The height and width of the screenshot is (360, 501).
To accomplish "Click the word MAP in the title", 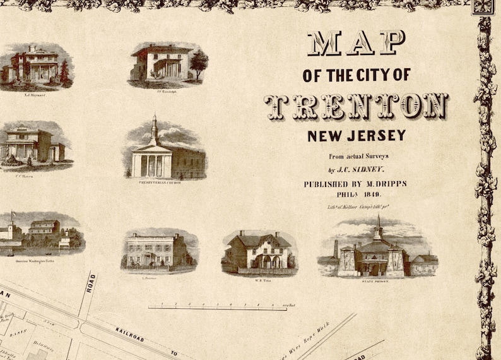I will click(x=356, y=43).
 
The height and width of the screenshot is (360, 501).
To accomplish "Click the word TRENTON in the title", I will click(x=356, y=106).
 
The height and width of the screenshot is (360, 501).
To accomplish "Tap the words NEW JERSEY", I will click(x=357, y=135).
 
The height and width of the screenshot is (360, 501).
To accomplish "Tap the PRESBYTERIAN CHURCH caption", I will click(x=160, y=183).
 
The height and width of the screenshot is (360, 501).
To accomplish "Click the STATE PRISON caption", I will click(x=376, y=280).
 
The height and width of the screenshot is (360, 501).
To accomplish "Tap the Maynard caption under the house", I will click(x=34, y=95).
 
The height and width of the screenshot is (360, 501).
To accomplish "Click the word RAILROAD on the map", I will click(x=129, y=332).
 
